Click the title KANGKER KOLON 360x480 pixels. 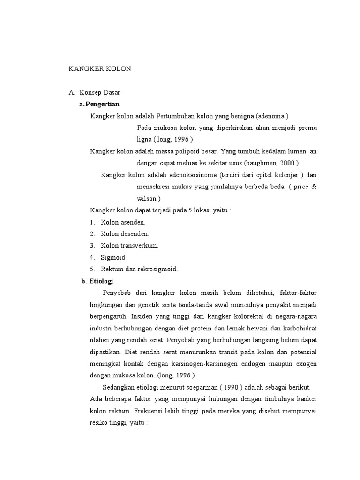100,68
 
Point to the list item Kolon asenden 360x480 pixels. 123,222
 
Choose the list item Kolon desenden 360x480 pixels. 125,233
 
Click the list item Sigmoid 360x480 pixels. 113,257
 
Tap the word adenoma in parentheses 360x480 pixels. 271,116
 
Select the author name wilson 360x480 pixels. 147,198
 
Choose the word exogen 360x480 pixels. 306,363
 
